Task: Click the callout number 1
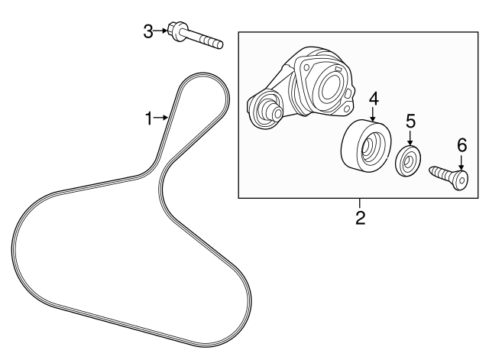coord(151,118)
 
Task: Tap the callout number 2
coord(360,218)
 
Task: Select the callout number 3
coord(148,31)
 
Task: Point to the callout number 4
coord(374,98)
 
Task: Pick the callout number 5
coord(410,120)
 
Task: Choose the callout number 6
coord(461,144)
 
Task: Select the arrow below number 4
coord(374,115)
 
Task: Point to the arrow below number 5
coord(410,138)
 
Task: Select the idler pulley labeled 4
coord(365,148)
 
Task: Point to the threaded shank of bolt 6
coord(441,174)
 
